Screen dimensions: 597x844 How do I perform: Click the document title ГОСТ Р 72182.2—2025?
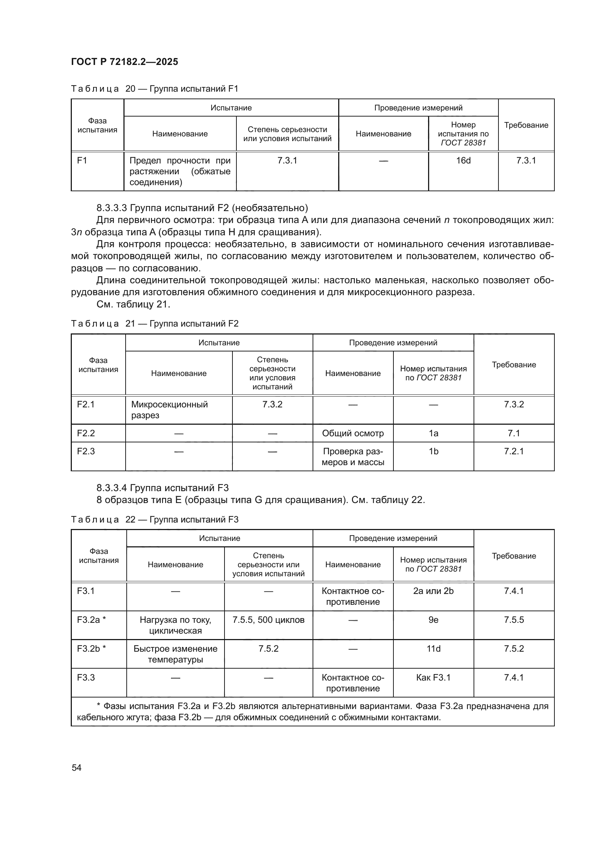click(124, 62)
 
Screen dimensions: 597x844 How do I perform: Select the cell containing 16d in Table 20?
click(463, 161)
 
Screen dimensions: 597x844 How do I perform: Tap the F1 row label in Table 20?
click(82, 161)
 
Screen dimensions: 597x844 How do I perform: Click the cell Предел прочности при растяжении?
click(180, 171)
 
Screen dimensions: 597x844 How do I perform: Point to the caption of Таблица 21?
click(154, 323)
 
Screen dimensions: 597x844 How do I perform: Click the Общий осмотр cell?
click(353, 433)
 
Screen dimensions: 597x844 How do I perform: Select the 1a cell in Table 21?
click(433, 433)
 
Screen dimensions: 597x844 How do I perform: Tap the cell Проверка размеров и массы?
click(353, 456)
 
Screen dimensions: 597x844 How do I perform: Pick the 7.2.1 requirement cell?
click(514, 451)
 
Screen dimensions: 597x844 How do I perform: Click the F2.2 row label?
click(86, 433)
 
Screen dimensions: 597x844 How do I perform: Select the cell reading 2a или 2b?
click(433, 591)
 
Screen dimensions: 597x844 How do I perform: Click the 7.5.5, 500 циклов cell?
click(268, 620)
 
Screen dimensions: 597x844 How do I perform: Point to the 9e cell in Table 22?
click(433, 620)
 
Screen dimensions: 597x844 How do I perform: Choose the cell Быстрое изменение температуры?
click(175, 654)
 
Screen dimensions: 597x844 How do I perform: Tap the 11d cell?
click(433, 648)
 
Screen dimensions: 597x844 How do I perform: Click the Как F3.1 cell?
click(433, 678)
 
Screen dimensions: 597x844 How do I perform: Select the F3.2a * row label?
click(91, 620)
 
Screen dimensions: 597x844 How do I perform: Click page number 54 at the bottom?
click(77, 768)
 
